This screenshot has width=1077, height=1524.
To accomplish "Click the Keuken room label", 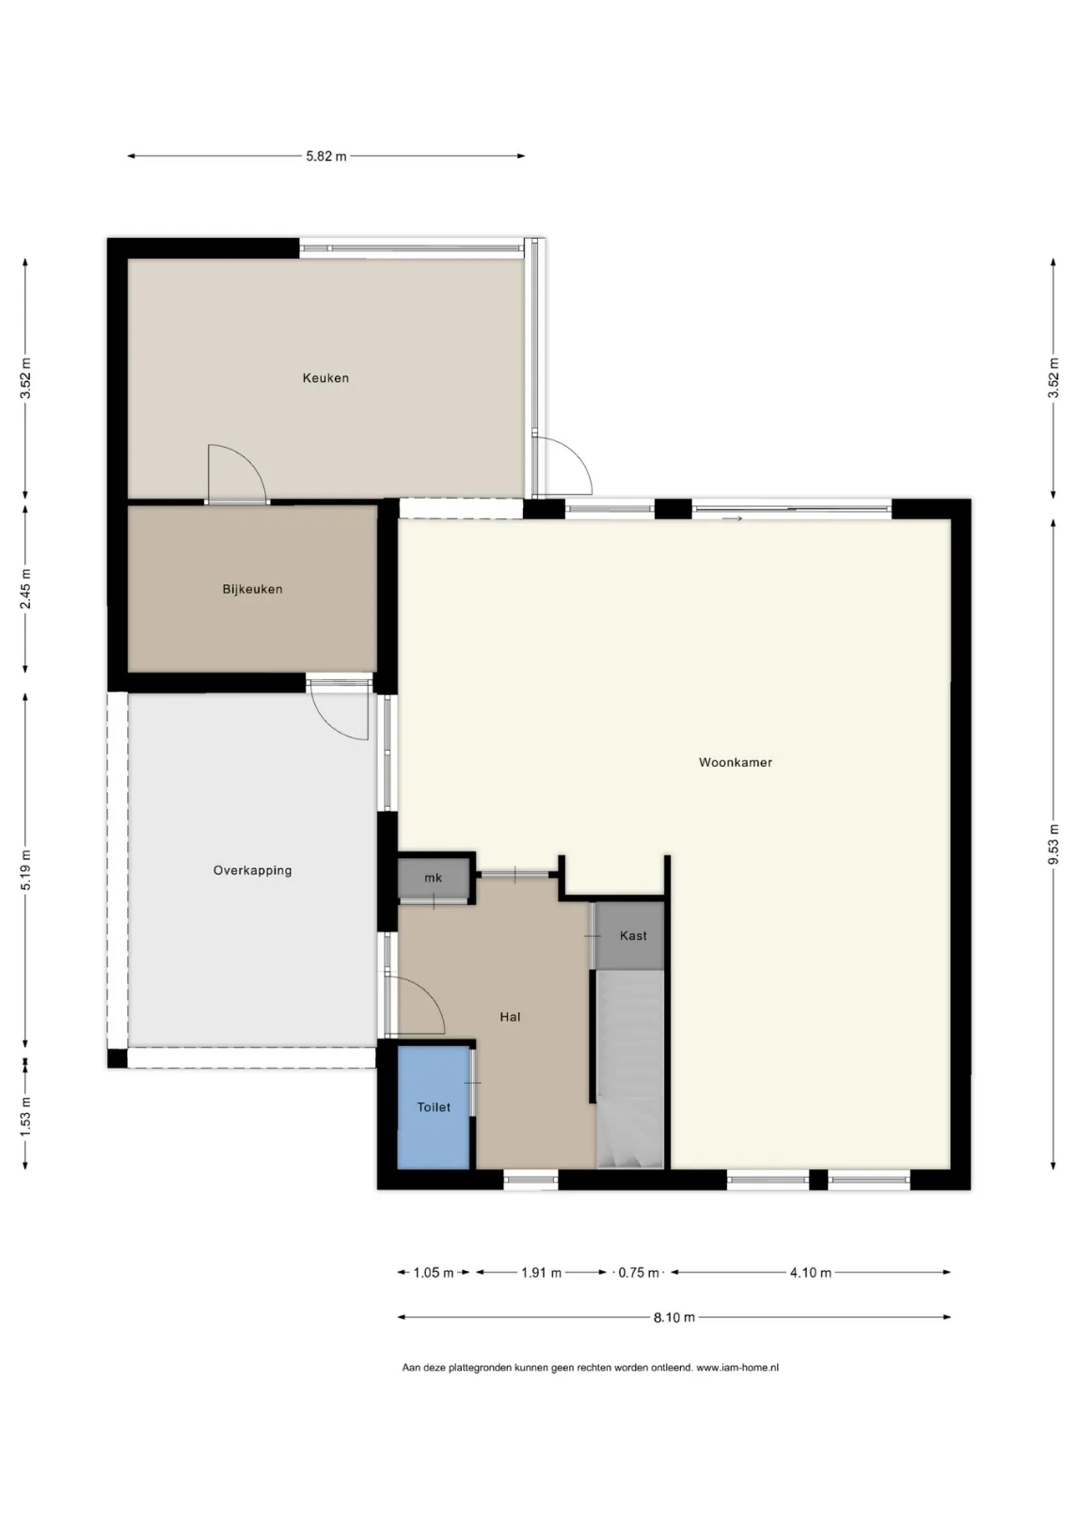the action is point(325,377).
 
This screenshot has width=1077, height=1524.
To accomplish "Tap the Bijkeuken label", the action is point(252,589).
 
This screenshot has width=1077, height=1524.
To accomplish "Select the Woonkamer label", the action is point(736,762).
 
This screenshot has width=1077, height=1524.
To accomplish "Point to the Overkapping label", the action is point(252,870).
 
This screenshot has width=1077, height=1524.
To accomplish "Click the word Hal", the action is point(510,1016).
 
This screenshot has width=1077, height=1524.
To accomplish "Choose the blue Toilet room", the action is point(434,1107).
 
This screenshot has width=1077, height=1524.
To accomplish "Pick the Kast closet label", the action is point(633,935).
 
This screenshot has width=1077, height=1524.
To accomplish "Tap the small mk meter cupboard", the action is point(434,878).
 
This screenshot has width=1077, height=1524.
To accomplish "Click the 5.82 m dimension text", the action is point(325,156).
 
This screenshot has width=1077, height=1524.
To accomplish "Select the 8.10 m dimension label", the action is point(674,1318).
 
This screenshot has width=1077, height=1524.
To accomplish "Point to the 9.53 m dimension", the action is point(1053,845).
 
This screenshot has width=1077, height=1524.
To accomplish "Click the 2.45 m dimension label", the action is point(25,589).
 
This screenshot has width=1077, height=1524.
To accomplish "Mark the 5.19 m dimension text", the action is point(25,870).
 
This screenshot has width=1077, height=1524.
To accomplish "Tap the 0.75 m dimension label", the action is point(638,1272).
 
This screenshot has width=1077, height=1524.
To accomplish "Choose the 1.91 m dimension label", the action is point(542,1272).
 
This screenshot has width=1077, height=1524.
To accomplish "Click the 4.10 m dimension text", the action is point(810,1272).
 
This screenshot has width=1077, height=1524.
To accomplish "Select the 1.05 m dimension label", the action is point(434,1272).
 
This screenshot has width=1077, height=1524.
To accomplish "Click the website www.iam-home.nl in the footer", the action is point(737,1368).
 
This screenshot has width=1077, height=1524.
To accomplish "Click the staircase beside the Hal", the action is point(630,1069).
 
